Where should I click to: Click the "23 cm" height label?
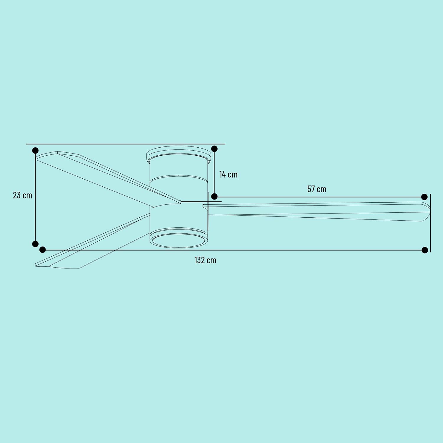pyautogui.click(x=22, y=195)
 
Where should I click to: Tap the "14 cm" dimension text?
pyautogui.click(x=228, y=175)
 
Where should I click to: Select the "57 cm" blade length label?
pyautogui.click(x=317, y=189)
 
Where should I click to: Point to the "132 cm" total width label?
pyautogui.click(x=205, y=260)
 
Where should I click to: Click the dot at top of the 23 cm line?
pyautogui.click(x=35, y=151)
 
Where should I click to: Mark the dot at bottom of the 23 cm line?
pyautogui.click(x=35, y=244)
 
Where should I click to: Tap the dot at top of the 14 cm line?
pyautogui.click(x=214, y=149)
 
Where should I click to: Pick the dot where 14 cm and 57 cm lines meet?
pyautogui.click(x=214, y=196)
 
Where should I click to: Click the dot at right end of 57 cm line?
pyautogui.click(x=424, y=197)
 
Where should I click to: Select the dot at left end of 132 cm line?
pyautogui.click(x=43, y=250)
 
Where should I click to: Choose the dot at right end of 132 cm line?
pyautogui.click(x=425, y=250)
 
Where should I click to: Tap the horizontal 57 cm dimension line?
pyautogui.click(x=319, y=197)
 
